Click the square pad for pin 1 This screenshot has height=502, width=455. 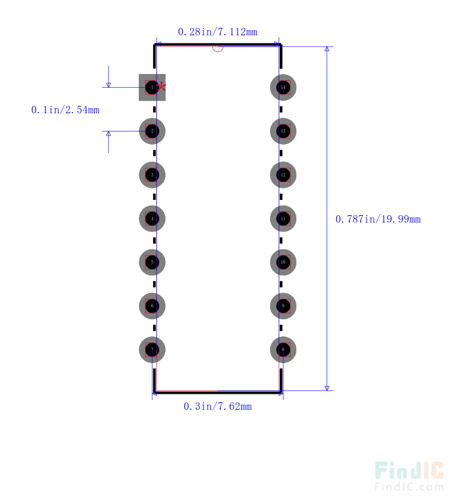[x=152, y=88]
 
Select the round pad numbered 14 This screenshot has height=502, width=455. [x=283, y=87]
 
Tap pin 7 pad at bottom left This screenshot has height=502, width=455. [x=152, y=349]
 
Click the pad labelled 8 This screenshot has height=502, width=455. [x=283, y=349]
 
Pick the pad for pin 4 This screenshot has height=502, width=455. [x=152, y=219]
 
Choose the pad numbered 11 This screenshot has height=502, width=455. [x=283, y=219]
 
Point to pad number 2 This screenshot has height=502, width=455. [x=152, y=131]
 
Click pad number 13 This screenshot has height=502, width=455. [x=283, y=131]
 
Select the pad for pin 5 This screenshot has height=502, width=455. [x=152, y=262]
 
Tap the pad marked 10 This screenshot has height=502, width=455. [x=283, y=262]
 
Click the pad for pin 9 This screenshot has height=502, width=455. [x=283, y=306]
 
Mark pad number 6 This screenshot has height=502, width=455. [x=152, y=306]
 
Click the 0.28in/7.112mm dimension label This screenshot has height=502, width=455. [x=217, y=32]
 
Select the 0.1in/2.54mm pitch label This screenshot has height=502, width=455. [x=65, y=110]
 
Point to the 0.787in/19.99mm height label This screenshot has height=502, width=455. [x=378, y=219]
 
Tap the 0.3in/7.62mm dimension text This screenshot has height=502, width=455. [x=217, y=406]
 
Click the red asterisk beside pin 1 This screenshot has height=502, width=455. [x=162, y=87]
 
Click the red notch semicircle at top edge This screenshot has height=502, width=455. [x=217, y=48]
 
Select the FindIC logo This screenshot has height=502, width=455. [x=409, y=470]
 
